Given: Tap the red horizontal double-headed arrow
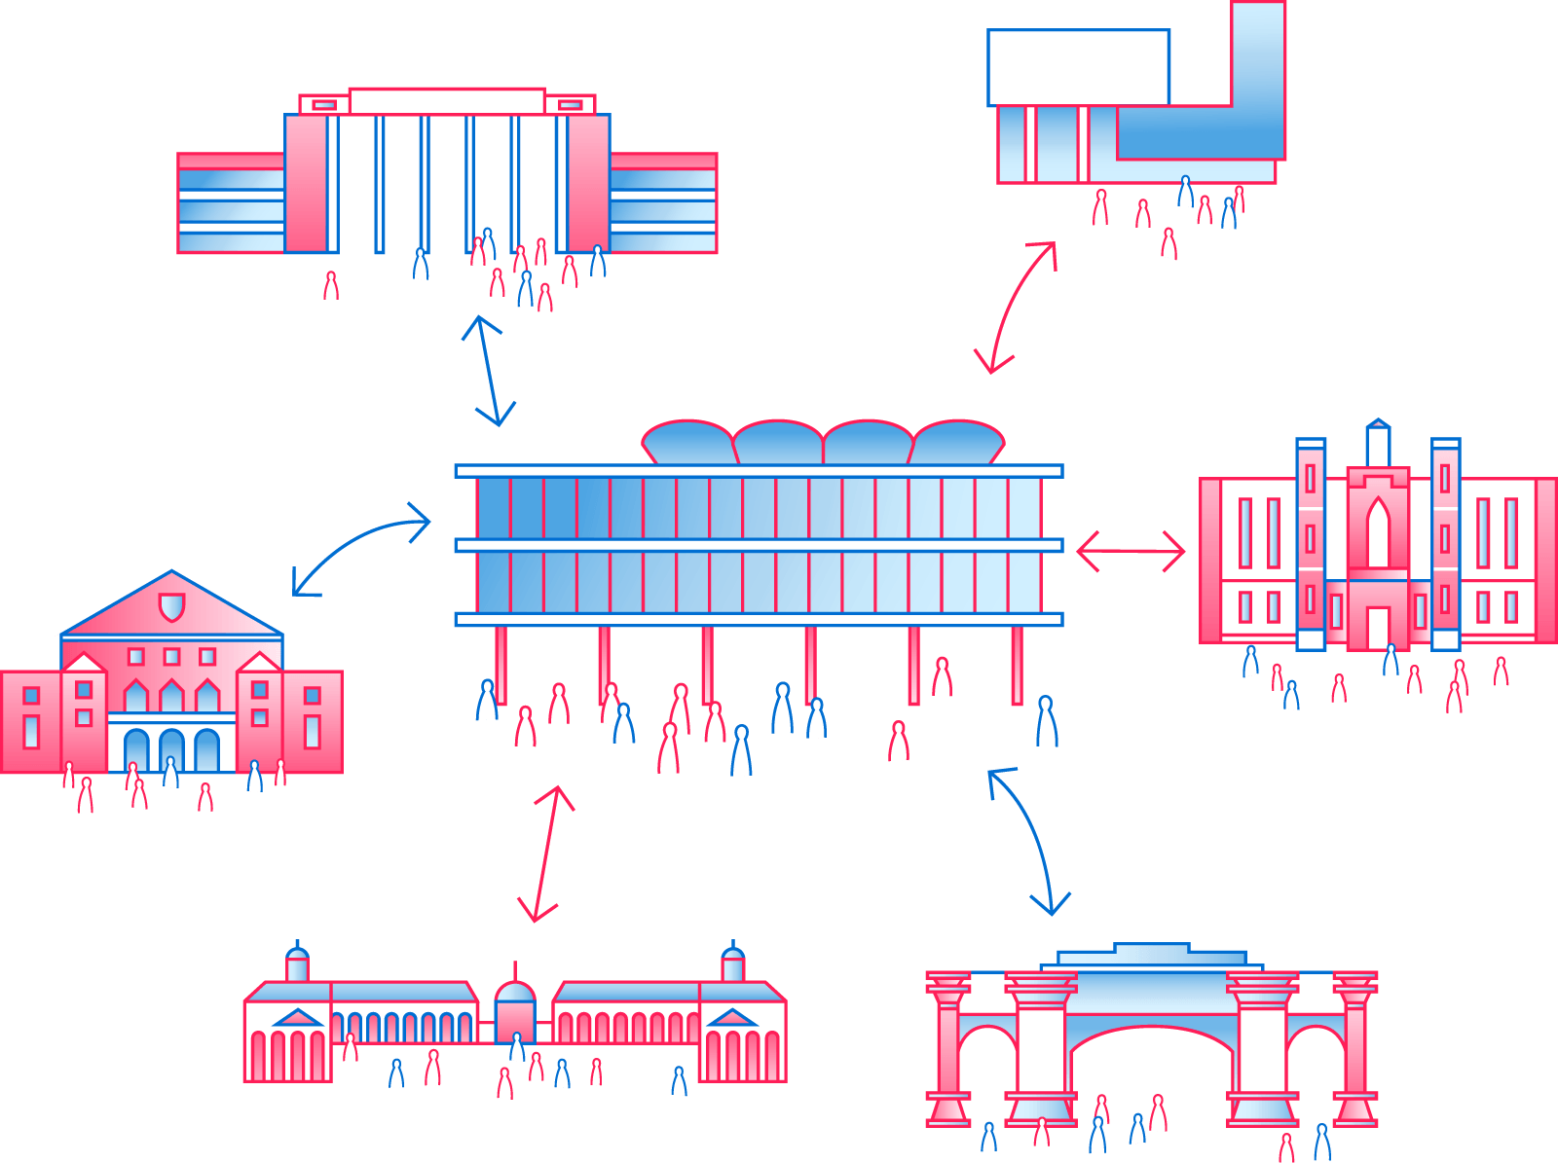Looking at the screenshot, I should pos(1131,551).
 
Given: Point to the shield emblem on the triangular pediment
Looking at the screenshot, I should pos(171,607).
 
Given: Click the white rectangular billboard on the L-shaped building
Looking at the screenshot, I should pos(1078,67).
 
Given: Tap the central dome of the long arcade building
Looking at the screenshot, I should pos(515,993).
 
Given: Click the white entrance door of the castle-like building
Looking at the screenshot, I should pos(1377,627).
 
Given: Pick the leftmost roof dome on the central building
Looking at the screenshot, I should pos(687,444).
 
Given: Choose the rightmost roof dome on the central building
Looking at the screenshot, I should pos(957,444).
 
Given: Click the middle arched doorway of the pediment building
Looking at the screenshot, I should pos(171,750).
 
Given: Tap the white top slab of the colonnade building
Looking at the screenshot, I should pos(447,101).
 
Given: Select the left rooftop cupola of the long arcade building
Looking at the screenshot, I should pos(297,964).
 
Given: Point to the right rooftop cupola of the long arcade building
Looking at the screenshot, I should pos(732,964).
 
